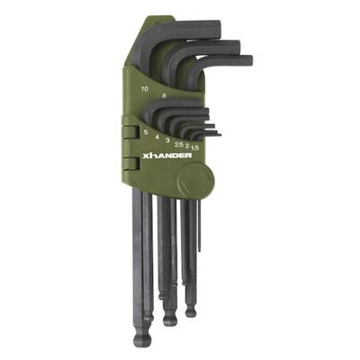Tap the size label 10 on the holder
pos(145,90)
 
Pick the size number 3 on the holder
pos(168,140)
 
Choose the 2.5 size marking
pos(180,143)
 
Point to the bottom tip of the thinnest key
pos(200,252)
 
